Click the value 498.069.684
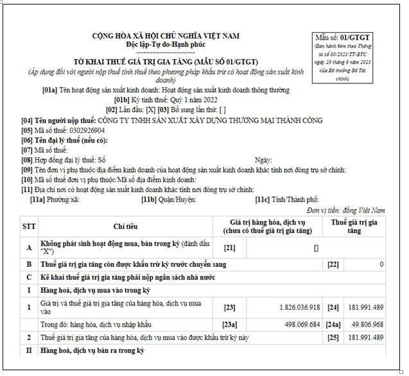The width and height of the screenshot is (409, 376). coord(297,325)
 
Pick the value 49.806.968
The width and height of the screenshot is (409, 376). coord(367,325)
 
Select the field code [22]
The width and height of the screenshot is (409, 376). coord(333,264)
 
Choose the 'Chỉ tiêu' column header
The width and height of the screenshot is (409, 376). coord(126,226)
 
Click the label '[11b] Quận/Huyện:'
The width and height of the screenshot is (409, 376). coord(169,200)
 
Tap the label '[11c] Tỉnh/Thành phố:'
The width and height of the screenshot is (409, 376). coord(287,200)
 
